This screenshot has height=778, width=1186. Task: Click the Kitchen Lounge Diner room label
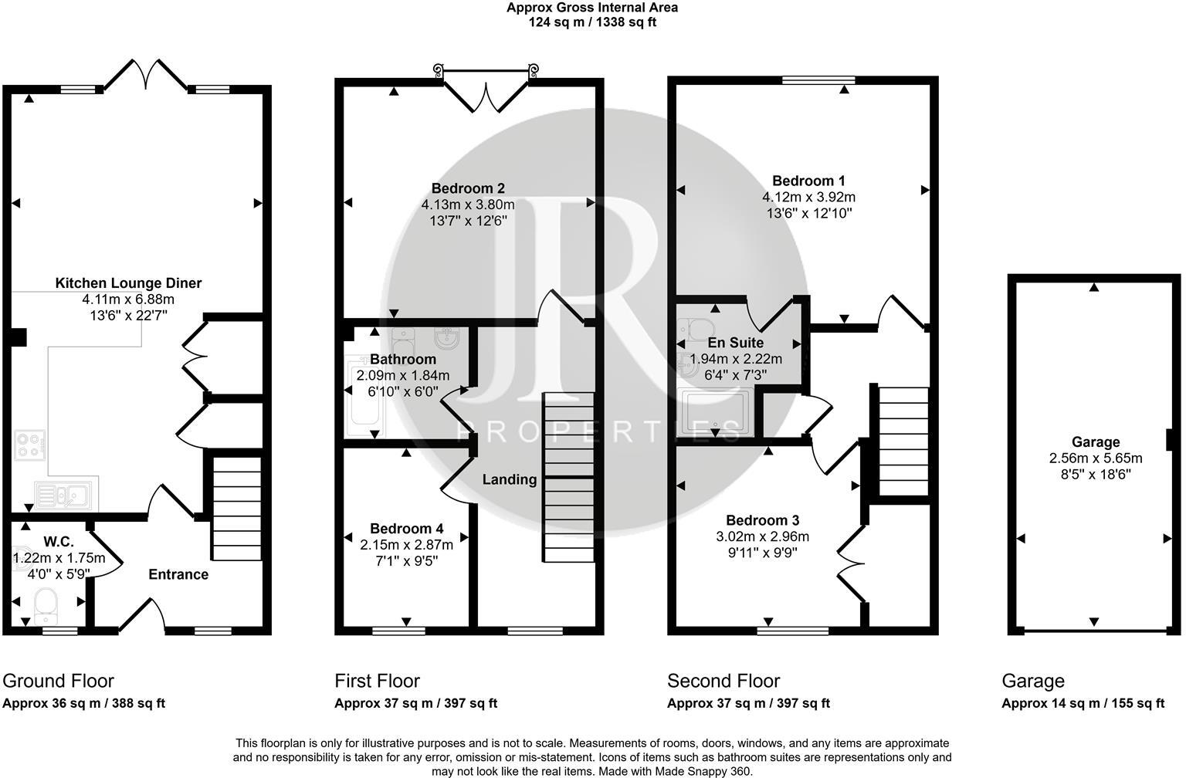(128, 283)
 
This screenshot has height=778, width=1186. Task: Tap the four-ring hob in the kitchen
(29, 445)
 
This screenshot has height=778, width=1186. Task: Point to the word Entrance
(178, 574)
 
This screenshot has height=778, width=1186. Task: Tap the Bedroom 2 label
(468, 188)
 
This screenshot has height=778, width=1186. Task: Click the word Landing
(510, 479)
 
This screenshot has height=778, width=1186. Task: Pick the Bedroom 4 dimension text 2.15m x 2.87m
(406, 545)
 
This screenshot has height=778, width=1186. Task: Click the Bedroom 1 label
(808, 181)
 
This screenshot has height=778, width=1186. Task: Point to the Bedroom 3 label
(762, 520)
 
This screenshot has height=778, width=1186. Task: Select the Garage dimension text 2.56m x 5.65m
(1095, 458)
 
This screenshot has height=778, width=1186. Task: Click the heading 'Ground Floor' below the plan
(58, 681)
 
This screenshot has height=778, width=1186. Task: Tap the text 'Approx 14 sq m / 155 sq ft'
(1083, 703)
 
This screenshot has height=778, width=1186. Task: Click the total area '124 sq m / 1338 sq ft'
(592, 22)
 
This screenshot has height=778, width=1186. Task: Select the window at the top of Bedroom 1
(818, 79)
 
